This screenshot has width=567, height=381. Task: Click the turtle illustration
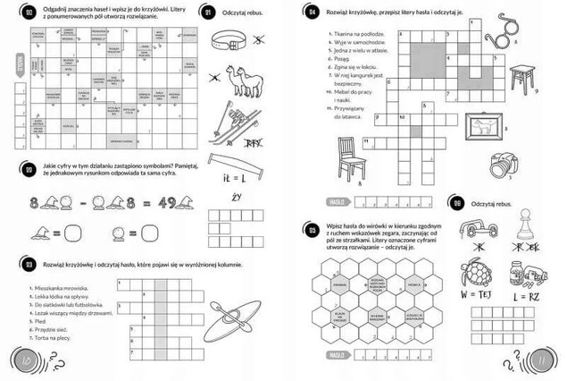[x=478, y=273]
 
